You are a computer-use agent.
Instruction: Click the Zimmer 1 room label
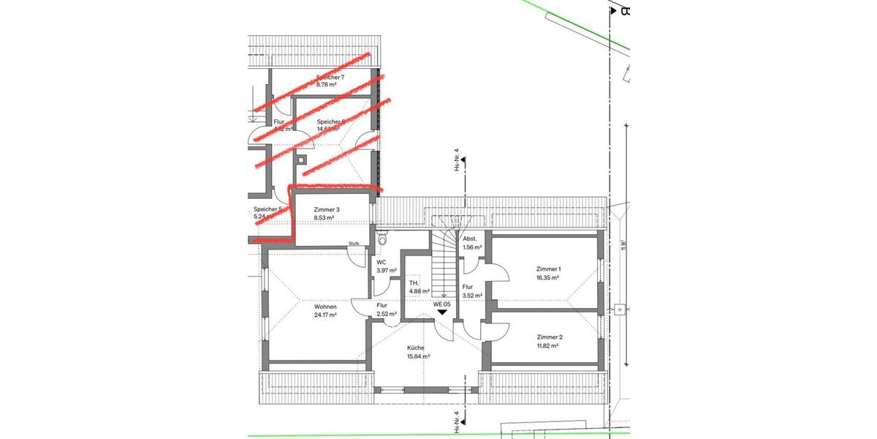click(549, 269)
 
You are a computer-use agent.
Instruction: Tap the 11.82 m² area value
click(549, 347)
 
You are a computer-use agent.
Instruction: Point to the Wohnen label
click(325, 307)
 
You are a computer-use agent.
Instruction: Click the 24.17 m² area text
click(325, 315)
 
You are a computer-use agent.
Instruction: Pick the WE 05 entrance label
click(441, 304)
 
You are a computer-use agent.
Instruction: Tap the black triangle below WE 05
click(441, 312)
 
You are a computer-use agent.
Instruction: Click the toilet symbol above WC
click(382, 239)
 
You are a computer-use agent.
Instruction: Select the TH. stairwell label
click(414, 282)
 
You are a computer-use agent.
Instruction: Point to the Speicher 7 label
click(330, 77)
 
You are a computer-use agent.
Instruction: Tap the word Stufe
click(354, 244)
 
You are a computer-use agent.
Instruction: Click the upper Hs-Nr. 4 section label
click(457, 160)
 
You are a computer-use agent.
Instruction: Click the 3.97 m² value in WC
click(386, 271)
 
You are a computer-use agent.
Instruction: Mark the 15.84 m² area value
click(418, 356)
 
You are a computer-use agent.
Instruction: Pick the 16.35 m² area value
click(549, 278)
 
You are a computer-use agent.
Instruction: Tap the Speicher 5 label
click(267, 209)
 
